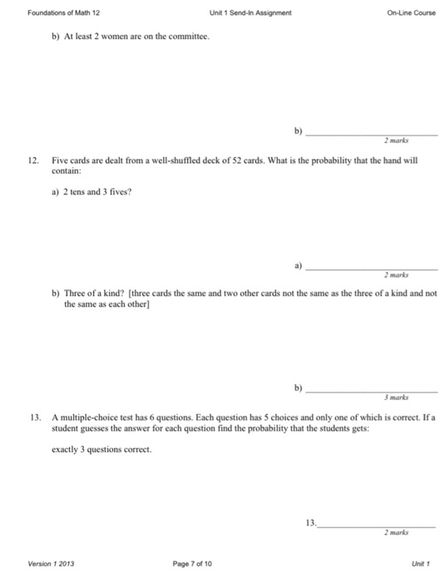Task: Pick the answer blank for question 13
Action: point(378,525)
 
